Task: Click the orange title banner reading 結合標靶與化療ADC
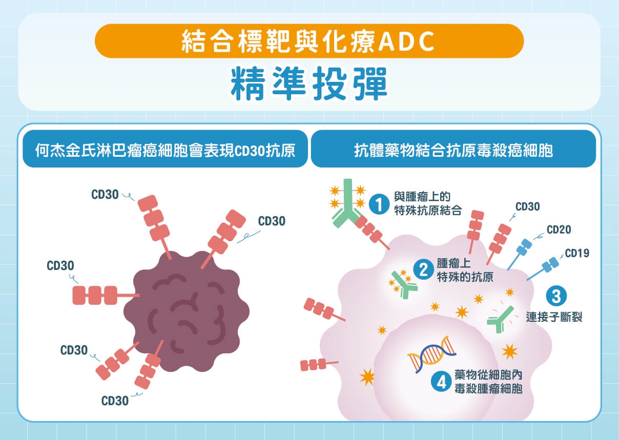point(309,40)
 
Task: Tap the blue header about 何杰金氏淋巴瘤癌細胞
point(165,151)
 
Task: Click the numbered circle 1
point(379,204)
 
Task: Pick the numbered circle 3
point(555,296)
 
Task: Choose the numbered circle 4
point(440,382)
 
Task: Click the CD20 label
point(559,229)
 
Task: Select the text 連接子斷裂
point(554,317)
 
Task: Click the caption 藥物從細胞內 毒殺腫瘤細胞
point(487,382)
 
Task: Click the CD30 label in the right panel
point(527,207)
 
